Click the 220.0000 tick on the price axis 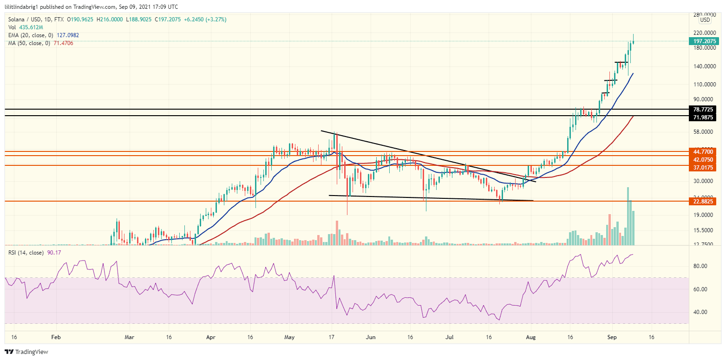703,33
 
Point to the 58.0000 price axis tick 703,132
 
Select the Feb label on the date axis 56,337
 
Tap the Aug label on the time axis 531,337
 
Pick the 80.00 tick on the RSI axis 700,266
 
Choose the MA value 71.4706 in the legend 63,43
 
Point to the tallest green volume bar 628,216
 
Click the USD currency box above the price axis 705,20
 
